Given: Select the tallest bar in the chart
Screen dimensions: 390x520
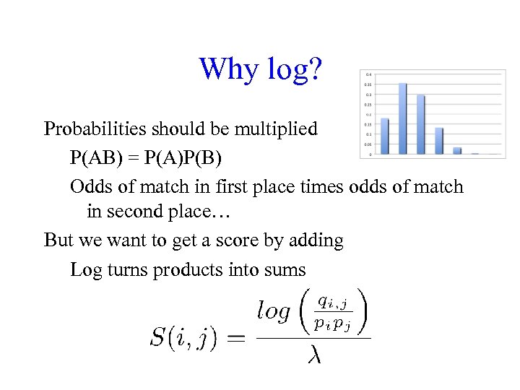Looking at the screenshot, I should pos(402,118).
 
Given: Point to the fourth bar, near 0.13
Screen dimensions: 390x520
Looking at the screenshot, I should pos(438,141).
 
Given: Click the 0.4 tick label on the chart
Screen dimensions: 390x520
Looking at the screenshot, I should pos(369,74).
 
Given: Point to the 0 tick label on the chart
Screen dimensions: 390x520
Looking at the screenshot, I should pos(370,154).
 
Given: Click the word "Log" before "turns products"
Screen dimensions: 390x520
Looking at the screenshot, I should pos(85,269).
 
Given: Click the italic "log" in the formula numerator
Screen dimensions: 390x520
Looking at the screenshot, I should pos(274,311).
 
